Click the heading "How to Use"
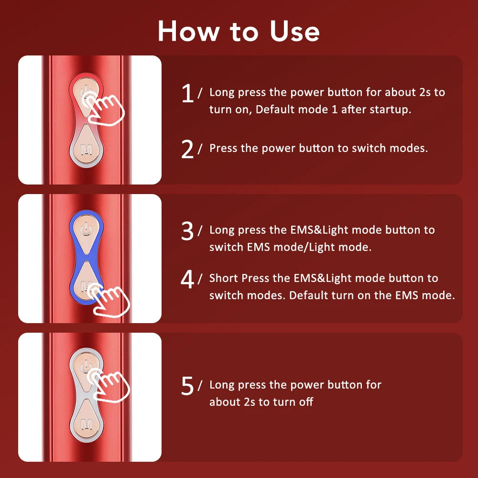pyautogui.click(x=239, y=31)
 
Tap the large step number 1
pyautogui.click(x=188, y=93)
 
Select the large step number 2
pyautogui.click(x=188, y=150)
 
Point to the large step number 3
pyautogui.click(x=188, y=231)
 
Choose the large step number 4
pyautogui.click(x=188, y=280)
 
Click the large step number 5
pyautogui.click(x=188, y=386)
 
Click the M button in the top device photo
pyautogui.click(x=87, y=150)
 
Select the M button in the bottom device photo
pyautogui.click(x=87, y=424)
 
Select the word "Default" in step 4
pyautogui.click(x=309, y=295)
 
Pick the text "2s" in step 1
pyautogui.click(x=424, y=92)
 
